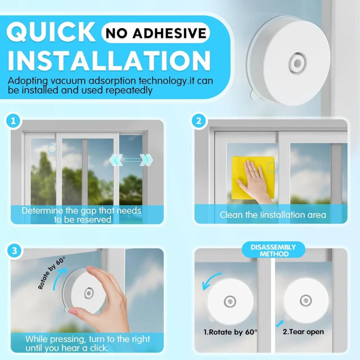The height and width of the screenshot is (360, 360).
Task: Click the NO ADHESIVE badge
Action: coord(156,33)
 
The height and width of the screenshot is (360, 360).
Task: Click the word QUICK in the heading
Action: coord(52,33)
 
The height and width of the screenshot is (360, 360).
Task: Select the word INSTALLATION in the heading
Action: coord(109,61)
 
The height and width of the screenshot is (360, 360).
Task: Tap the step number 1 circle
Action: coord(14,121)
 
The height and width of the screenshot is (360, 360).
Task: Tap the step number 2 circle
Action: coord(198,121)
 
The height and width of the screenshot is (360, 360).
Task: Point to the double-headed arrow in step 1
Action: coord(131,159)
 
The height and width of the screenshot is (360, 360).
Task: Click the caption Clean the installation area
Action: coord(273,215)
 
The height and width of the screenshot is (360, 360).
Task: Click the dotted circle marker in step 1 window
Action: coord(52,148)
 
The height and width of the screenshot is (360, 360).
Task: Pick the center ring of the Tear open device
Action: coord(306,300)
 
